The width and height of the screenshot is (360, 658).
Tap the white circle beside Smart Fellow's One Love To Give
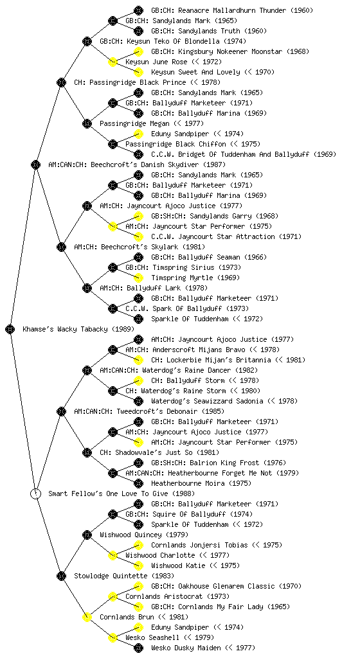coord(36,493)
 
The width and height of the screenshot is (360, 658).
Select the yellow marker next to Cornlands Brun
coord(87,617)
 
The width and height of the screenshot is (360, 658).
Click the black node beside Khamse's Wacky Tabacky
coord(10,329)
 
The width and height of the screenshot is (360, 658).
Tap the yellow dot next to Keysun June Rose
coord(113,62)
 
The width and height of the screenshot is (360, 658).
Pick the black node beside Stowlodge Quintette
coord(61,576)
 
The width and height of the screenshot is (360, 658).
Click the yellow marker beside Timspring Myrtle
coord(138,278)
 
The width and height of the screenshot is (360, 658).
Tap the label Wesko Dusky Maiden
coord(186,648)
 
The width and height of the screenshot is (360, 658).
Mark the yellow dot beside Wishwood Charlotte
coord(113,555)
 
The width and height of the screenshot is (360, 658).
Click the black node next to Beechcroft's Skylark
coord(61,247)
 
